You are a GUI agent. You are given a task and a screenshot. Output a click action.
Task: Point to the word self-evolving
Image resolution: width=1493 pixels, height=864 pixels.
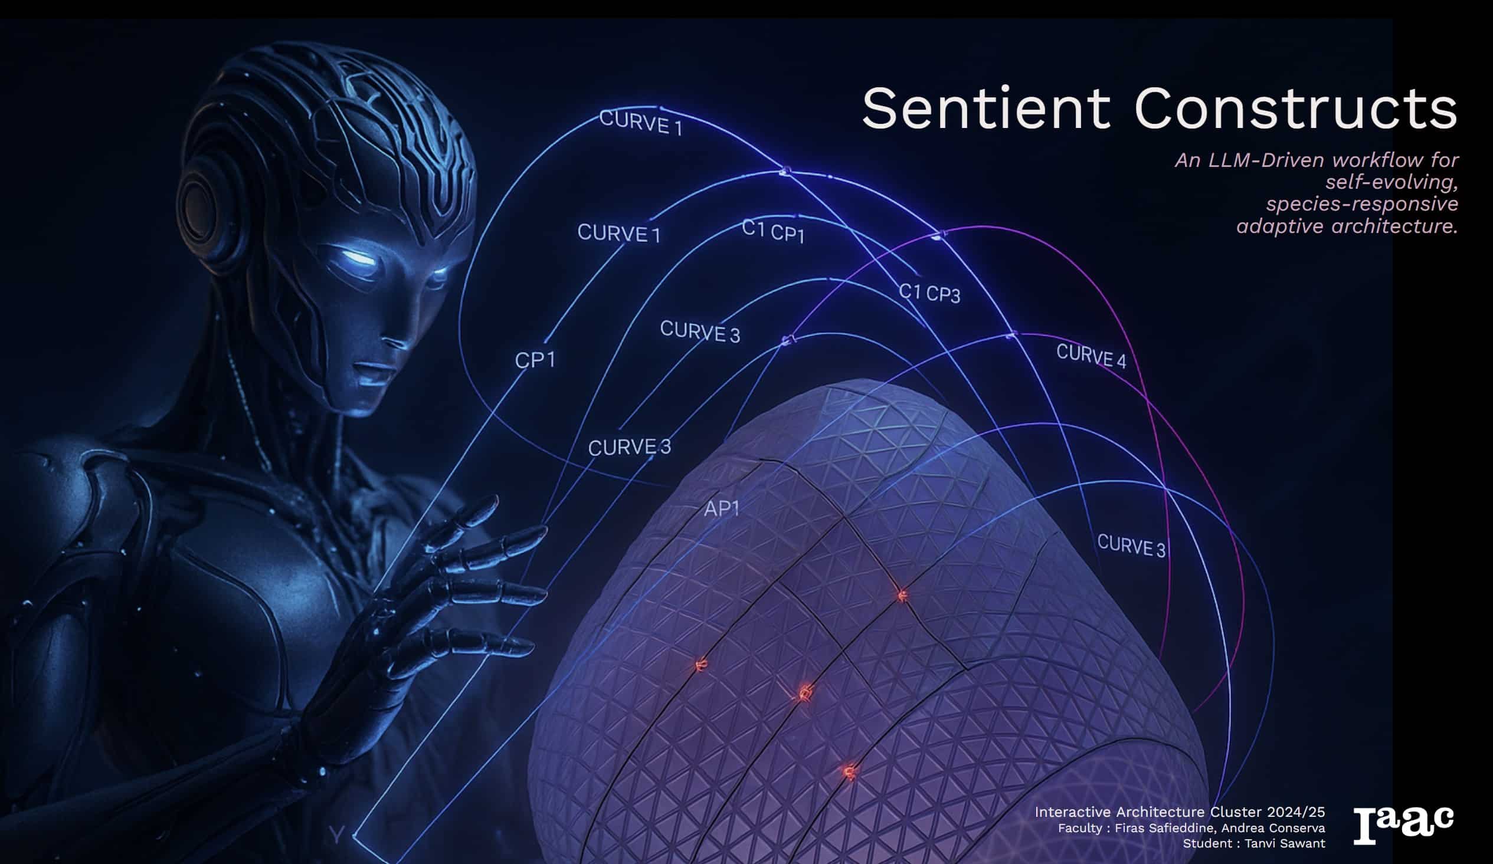click(1391, 182)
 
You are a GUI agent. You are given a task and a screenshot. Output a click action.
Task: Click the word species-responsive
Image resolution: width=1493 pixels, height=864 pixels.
click(1362, 204)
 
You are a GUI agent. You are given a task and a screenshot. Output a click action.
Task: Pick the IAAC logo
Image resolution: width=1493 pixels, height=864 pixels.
click(1403, 825)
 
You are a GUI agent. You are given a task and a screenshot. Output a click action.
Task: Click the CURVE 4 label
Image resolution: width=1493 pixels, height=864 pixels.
click(1091, 356)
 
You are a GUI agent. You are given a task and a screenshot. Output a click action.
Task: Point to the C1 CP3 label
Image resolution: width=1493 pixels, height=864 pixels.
click(929, 293)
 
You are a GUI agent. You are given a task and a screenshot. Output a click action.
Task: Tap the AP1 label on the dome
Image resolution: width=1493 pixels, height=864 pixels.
click(722, 509)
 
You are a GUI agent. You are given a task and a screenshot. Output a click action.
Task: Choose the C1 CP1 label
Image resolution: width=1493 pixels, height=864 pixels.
click(773, 231)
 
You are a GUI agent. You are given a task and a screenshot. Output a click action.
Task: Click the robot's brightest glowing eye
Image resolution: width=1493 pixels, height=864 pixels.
click(359, 259)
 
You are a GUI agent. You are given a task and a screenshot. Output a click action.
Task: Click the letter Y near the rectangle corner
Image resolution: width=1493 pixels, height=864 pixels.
click(336, 836)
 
